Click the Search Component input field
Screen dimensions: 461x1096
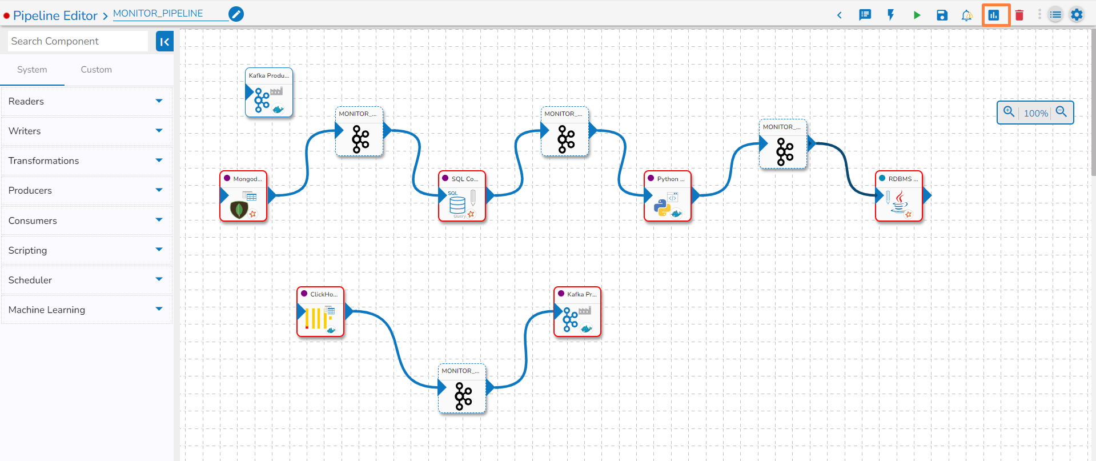[77, 41]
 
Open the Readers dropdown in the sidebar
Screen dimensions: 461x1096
[86, 101]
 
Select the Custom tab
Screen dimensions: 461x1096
[96, 70]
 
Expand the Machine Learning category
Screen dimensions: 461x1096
[86, 310]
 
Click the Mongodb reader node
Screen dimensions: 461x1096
[243, 197]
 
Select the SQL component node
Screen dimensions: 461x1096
[461, 197]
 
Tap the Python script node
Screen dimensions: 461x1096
[667, 197]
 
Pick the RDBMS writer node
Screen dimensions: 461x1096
[898, 197]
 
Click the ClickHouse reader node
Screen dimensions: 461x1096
[320, 312]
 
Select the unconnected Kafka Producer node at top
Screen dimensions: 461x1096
[269, 93]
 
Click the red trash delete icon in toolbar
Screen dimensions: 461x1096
[1019, 15]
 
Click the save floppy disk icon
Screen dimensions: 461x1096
[942, 15]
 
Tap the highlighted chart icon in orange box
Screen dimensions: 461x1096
[994, 15]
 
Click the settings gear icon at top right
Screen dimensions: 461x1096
[1077, 15]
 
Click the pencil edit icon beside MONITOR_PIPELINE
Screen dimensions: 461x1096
[236, 14]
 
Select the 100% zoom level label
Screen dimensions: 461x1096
[1035, 113]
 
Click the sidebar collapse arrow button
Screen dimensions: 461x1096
[164, 41]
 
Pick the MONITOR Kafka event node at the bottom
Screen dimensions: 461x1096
[462, 389]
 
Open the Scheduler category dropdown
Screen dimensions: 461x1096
[86, 280]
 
